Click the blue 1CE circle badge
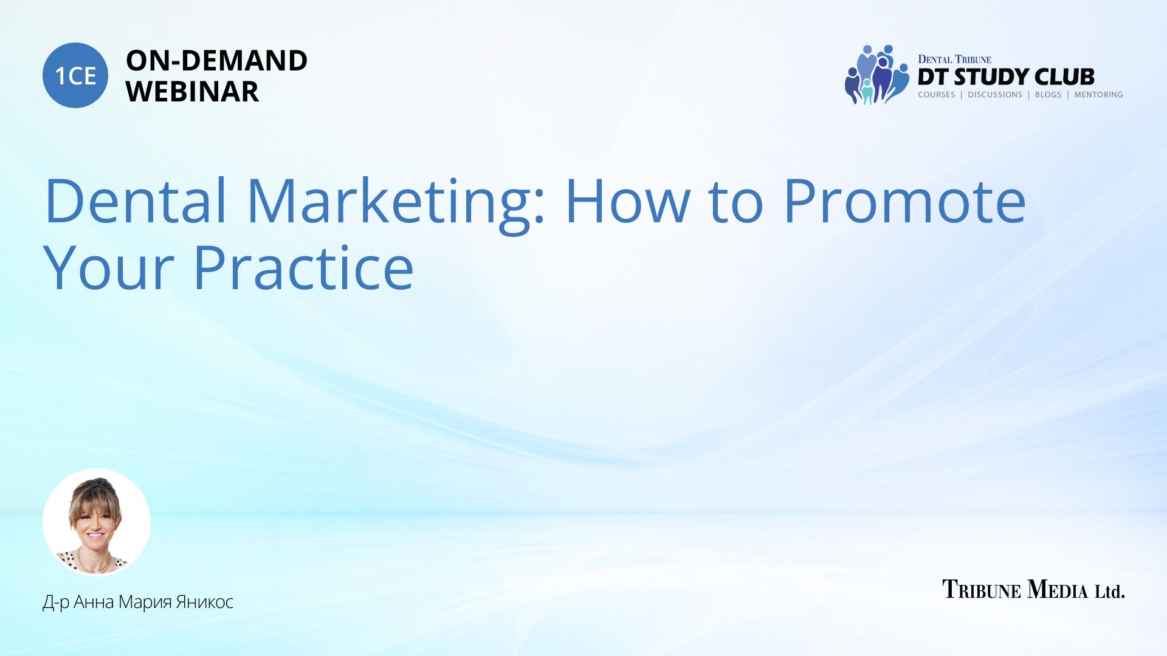point(75,75)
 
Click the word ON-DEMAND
point(216,61)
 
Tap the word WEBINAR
point(192,92)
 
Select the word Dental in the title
point(136,200)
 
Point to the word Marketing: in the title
point(396,203)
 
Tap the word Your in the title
point(109,268)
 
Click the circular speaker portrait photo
point(97,522)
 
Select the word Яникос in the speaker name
point(204,602)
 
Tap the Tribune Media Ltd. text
point(1033,589)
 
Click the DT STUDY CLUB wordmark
point(1006,77)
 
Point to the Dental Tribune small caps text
point(954,59)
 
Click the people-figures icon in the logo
point(876,75)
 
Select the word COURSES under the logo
point(937,95)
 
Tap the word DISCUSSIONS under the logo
point(995,95)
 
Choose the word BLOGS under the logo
point(1048,95)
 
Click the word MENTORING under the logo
point(1098,95)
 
